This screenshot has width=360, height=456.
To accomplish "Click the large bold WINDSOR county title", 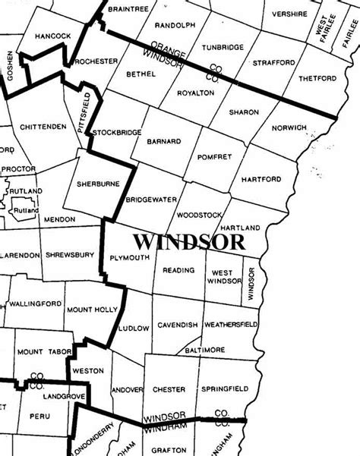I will coord(189,242).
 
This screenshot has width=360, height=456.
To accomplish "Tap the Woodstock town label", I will coord(197,215).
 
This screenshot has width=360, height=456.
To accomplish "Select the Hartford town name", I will coord(261,179).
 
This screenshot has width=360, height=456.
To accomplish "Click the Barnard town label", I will coord(163,141).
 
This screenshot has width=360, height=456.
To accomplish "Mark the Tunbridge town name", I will coord(223,47).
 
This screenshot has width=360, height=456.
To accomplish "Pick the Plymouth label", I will coord(130,258).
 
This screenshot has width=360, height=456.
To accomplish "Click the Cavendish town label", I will coord(178,325).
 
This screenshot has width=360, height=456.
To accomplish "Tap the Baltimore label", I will coord(204,350).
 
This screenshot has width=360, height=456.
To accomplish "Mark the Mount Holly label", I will coord(92,310).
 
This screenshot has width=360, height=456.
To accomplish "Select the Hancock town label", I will coord(53,36).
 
